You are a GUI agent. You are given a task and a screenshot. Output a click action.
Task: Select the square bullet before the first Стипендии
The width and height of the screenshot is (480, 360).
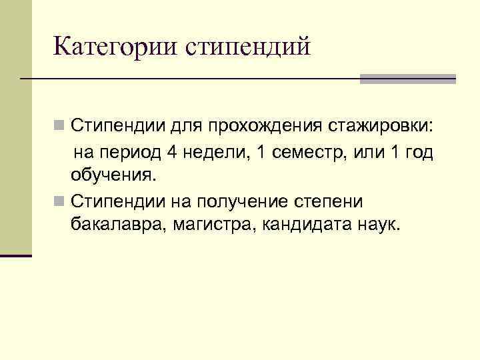[60, 125]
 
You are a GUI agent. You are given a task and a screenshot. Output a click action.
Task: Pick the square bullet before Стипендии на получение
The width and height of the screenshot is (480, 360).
[60, 201]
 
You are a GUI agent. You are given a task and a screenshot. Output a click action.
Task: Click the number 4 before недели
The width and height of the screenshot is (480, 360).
[171, 152]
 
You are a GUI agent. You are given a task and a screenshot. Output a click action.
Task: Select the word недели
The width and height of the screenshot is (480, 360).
[213, 152]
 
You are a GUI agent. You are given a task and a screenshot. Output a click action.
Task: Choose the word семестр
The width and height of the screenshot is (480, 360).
[299, 152]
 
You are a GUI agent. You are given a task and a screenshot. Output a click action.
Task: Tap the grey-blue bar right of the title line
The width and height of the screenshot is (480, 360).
[407, 78]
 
